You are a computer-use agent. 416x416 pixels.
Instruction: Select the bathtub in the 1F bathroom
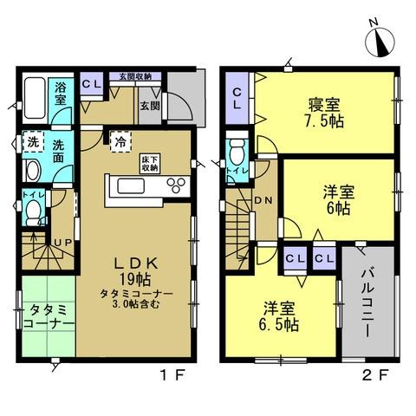35,98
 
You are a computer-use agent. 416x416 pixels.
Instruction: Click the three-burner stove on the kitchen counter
176,185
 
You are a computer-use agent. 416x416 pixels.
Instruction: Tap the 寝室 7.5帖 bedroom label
325,112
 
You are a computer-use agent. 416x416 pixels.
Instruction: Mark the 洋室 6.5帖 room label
279,317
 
